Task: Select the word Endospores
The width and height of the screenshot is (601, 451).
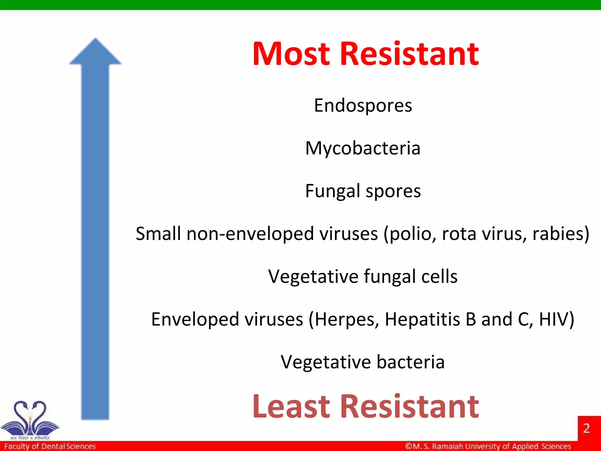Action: tap(363, 106)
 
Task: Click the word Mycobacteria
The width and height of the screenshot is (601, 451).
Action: tap(363, 148)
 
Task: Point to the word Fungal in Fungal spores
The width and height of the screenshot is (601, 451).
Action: tap(332, 191)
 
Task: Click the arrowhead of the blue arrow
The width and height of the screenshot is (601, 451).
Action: tap(95, 53)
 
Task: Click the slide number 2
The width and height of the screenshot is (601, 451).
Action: tap(586, 428)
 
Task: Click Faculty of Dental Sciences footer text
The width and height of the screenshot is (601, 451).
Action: tap(50, 446)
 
